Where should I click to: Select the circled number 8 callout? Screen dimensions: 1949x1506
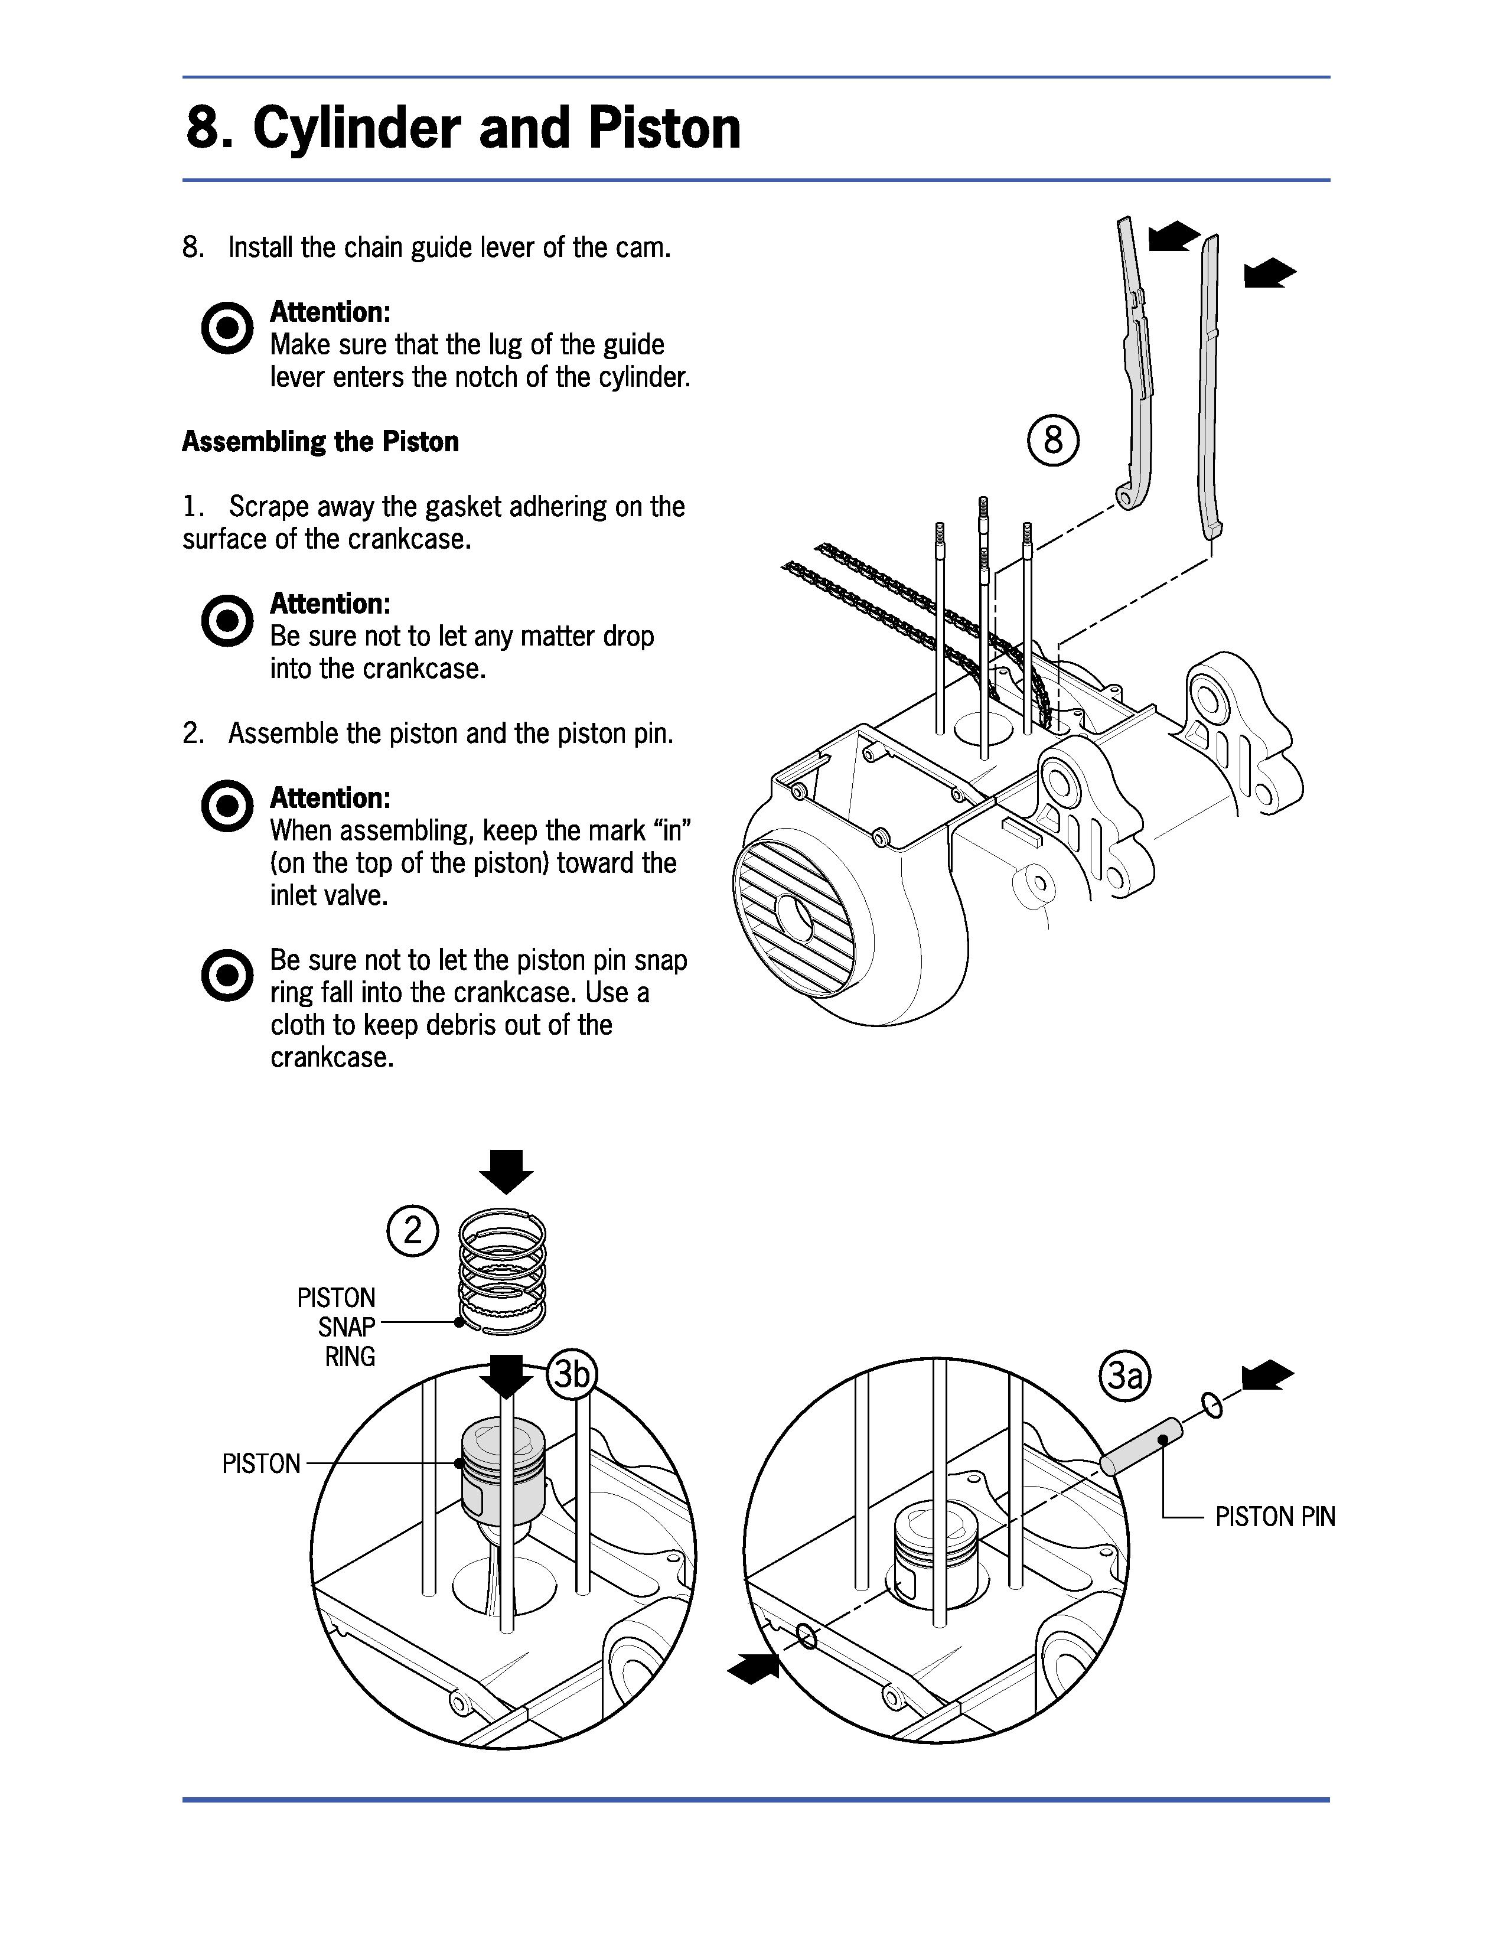(x=1053, y=440)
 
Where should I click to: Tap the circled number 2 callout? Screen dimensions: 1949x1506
(x=412, y=1231)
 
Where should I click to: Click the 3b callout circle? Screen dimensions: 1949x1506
(x=571, y=1375)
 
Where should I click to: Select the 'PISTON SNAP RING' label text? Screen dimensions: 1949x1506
(x=337, y=1327)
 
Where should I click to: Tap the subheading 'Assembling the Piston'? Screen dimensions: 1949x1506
(x=320, y=442)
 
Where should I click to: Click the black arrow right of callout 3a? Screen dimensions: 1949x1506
(x=1267, y=1376)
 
